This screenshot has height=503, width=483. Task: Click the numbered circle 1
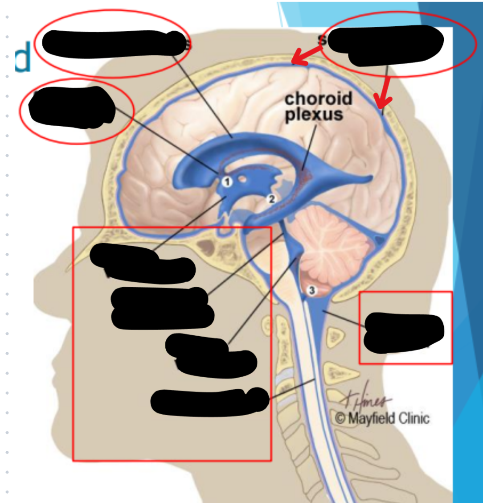pos(227,182)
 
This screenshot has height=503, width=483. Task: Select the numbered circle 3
pos(312,290)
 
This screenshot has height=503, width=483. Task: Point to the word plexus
pos(314,114)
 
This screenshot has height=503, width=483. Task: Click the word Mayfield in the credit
pos(370,418)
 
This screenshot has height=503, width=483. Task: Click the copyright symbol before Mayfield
pos(340,419)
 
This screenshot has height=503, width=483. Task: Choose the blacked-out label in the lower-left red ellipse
pos(71,107)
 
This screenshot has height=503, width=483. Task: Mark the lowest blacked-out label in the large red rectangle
pos(209,401)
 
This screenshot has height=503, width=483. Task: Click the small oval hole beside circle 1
pos(242,179)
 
